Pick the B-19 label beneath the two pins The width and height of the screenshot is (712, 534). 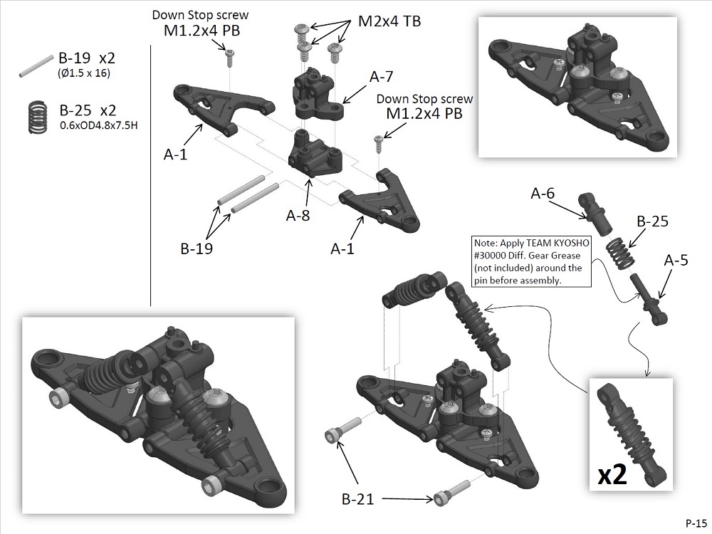click(197, 249)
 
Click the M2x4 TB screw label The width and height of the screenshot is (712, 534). click(389, 21)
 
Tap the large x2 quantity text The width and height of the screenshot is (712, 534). click(612, 475)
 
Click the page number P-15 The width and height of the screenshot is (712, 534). click(696, 521)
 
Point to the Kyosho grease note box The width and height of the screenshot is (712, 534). click(530, 261)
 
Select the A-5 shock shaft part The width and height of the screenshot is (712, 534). click(649, 298)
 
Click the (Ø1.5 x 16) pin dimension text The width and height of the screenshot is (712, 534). click(83, 73)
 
